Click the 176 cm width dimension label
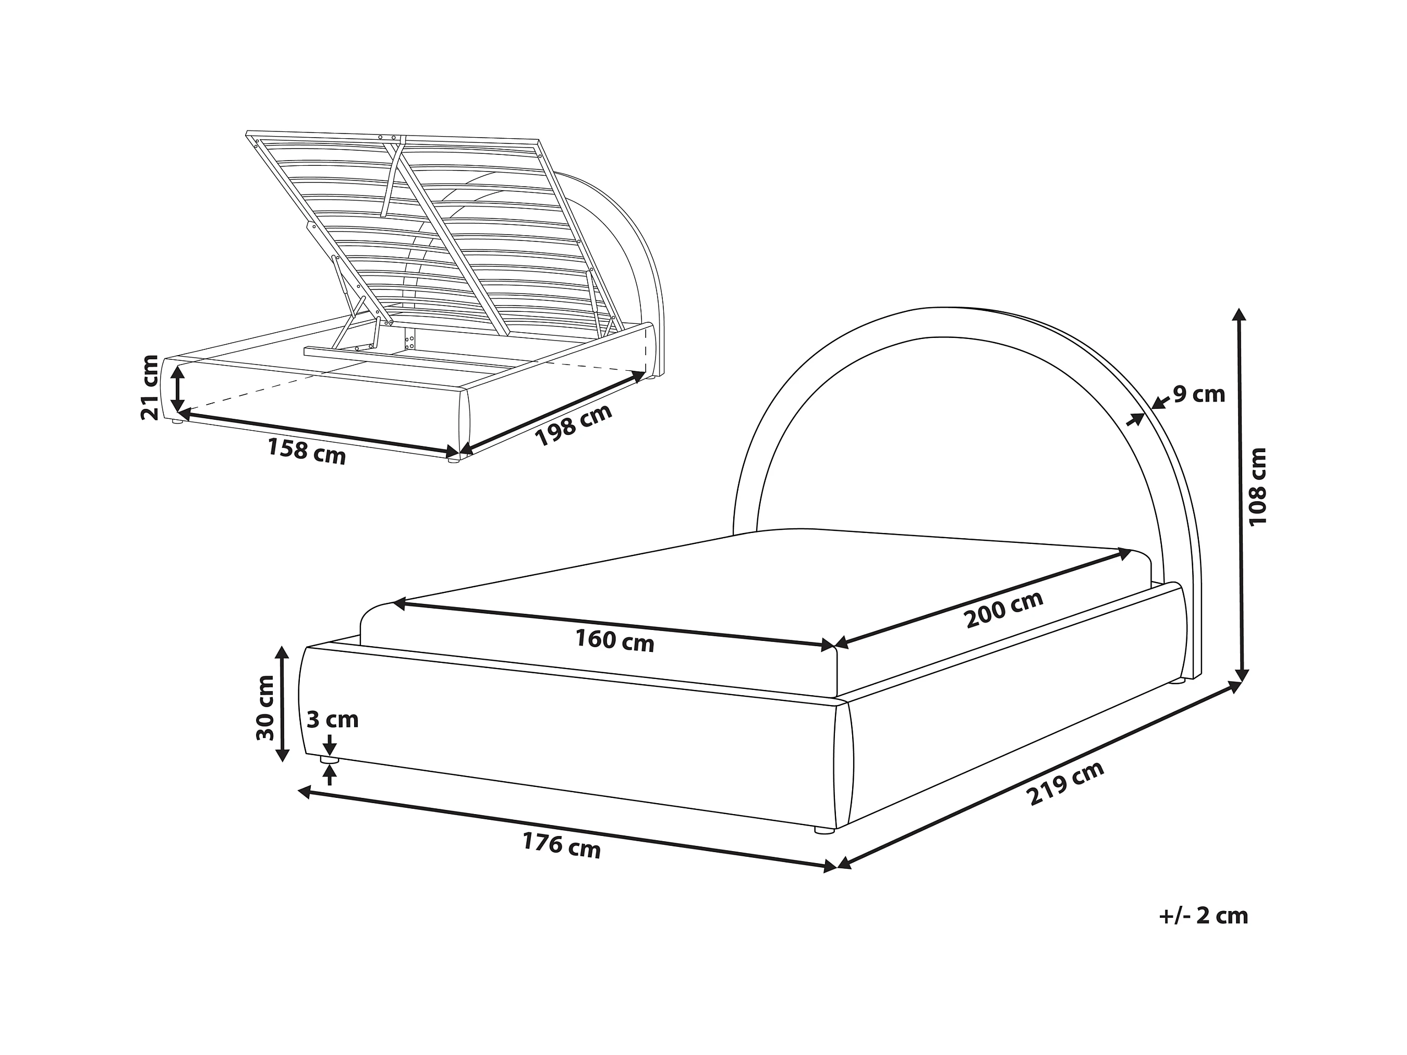(x=562, y=846)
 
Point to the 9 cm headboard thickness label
(x=1199, y=394)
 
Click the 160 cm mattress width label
(x=614, y=640)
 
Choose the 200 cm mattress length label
(x=1004, y=609)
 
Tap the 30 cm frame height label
(x=265, y=708)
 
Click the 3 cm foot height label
(x=333, y=720)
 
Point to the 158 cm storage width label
(x=307, y=451)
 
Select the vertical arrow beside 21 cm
(x=179, y=389)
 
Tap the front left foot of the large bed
(x=329, y=760)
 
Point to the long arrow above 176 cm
(x=567, y=829)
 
